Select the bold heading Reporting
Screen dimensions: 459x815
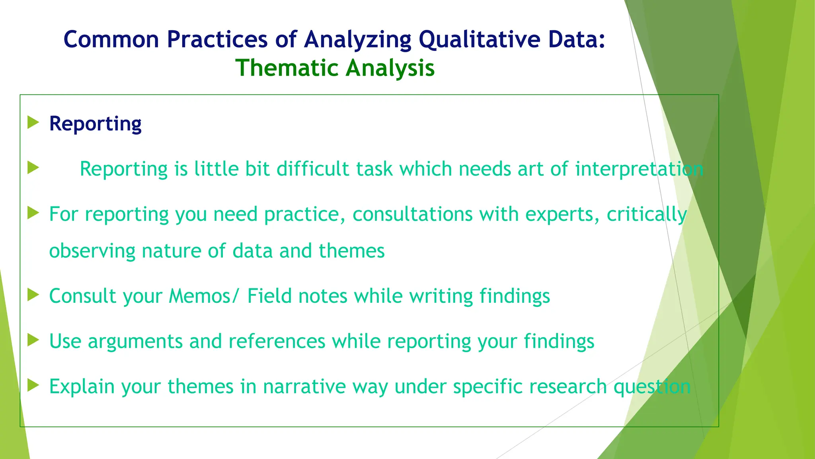[95, 124]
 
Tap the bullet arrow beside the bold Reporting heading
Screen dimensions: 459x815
[33, 123]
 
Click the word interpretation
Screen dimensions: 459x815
[639, 169]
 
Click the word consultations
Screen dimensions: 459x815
[412, 214]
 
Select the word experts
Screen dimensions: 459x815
[562, 214]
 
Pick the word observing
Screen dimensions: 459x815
[92, 251]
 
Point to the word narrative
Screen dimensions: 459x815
[304, 386]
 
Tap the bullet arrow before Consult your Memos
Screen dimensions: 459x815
[33, 295]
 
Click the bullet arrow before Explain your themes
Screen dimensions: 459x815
[33, 386]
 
